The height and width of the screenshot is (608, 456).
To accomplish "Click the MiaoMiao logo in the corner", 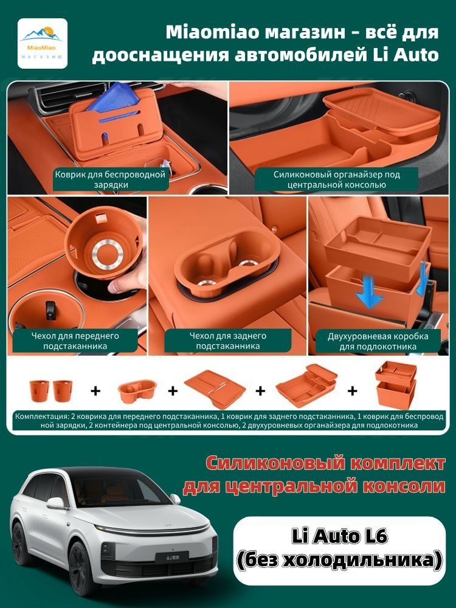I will [43, 43].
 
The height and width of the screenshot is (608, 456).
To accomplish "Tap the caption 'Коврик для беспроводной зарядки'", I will [110, 179].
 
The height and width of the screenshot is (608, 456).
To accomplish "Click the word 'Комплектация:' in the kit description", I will [39, 416].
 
